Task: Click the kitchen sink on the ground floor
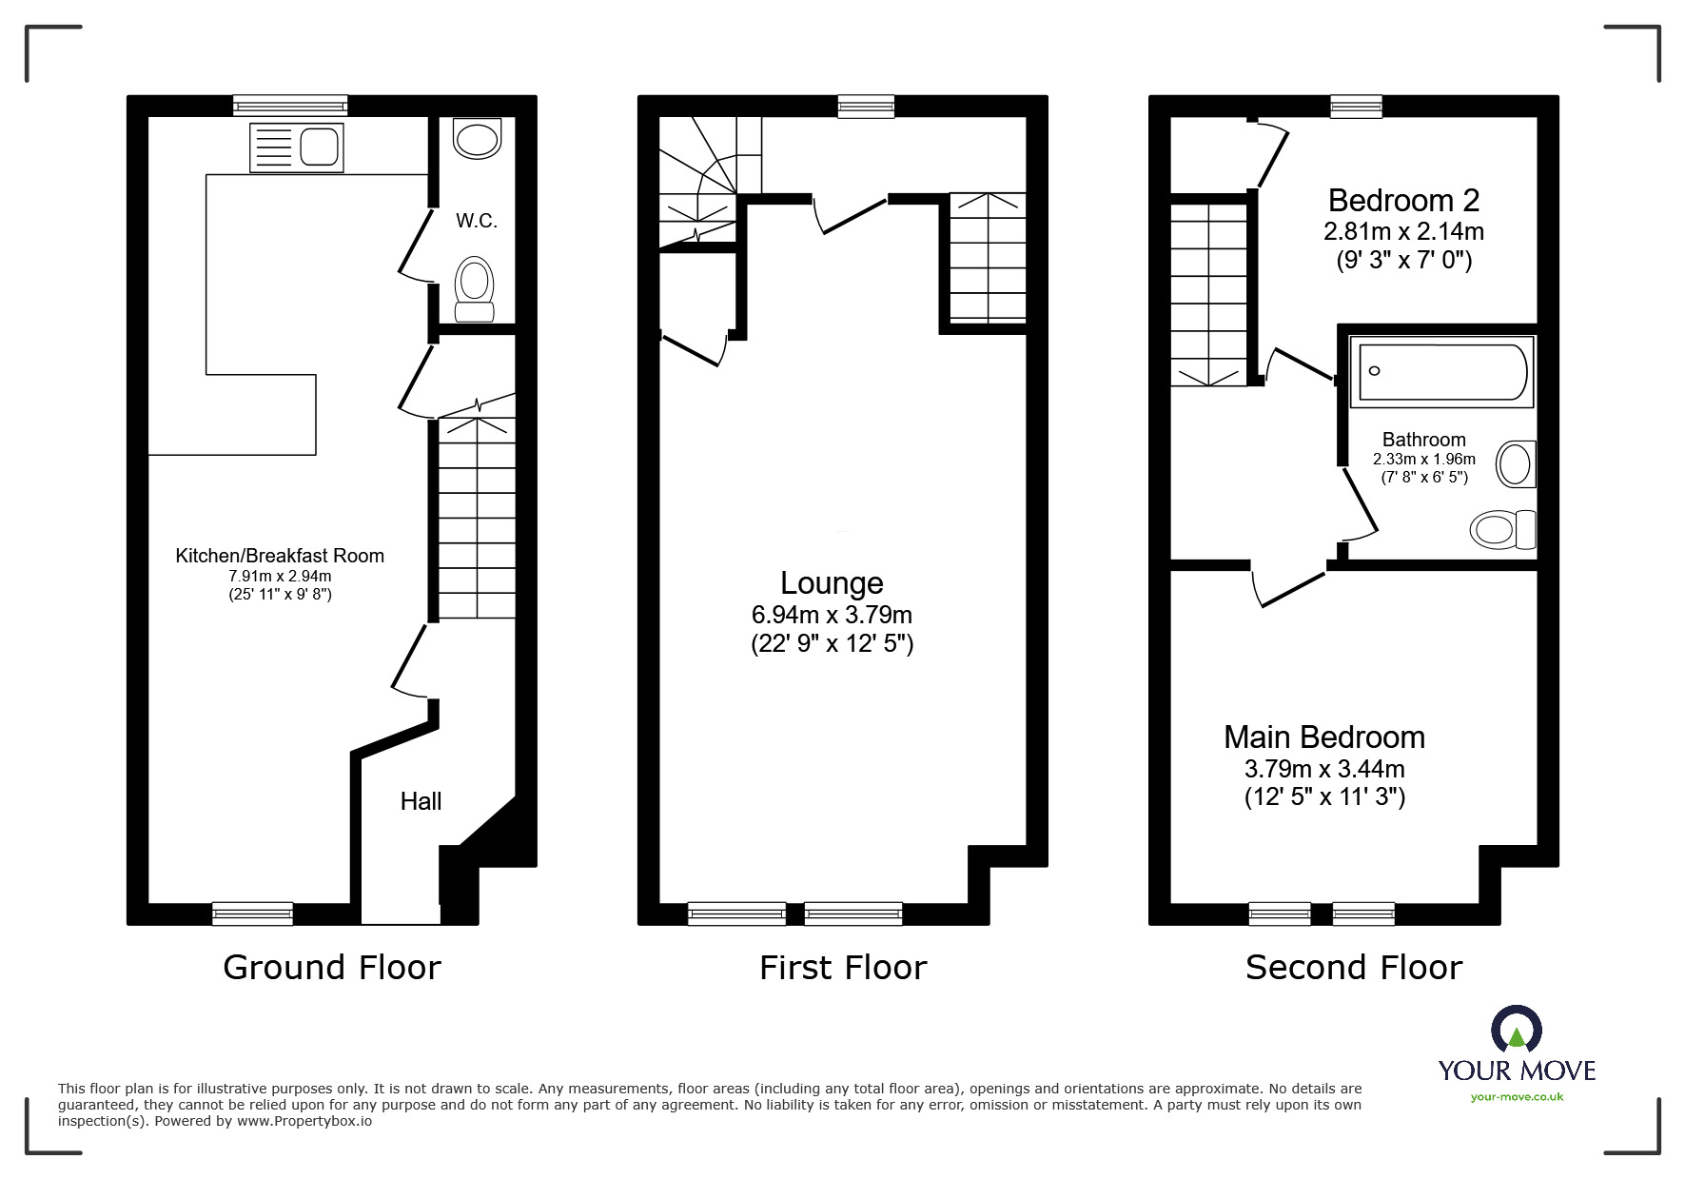click(296, 147)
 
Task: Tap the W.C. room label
click(477, 221)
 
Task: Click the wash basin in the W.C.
click(477, 139)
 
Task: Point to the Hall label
click(421, 801)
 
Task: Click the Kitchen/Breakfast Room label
click(280, 556)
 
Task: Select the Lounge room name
click(832, 582)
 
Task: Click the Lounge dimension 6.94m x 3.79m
click(832, 615)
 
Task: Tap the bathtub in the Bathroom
click(1442, 371)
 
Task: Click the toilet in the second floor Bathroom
click(1502, 530)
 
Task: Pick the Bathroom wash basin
click(1516, 464)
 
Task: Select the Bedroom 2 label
click(1403, 201)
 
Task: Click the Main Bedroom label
click(1323, 737)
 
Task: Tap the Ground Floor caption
click(332, 968)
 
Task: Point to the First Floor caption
click(843, 968)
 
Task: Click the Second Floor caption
click(1353, 968)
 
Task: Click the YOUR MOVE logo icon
click(1517, 1031)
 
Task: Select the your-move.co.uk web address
click(1517, 1097)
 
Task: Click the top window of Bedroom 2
click(1356, 107)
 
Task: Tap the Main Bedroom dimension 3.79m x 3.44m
click(1324, 769)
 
